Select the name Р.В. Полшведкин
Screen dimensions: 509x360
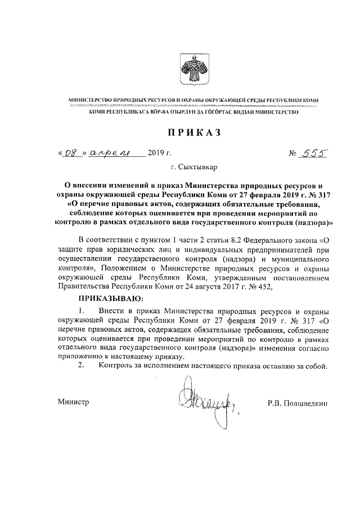[298, 403]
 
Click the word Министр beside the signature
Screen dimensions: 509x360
[74, 403]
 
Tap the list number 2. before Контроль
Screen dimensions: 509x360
[82, 367]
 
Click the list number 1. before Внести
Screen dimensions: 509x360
[82, 310]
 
